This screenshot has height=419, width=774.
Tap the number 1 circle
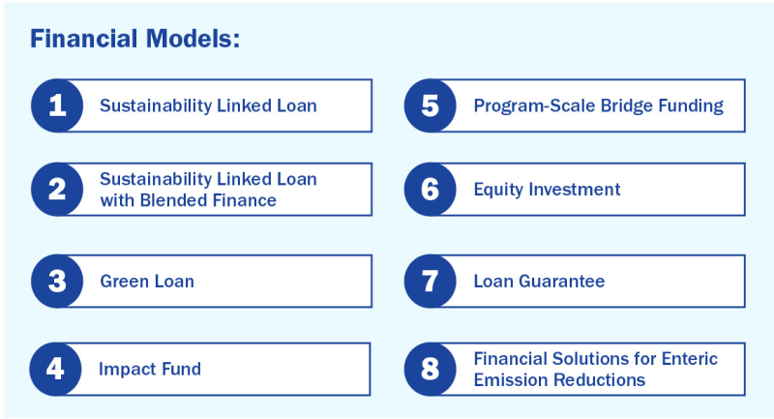point(57,105)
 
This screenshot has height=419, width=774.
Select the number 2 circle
point(57,190)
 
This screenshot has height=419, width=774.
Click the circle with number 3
point(57,282)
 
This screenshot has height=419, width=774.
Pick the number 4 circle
point(57,369)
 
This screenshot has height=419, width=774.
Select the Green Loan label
point(147,282)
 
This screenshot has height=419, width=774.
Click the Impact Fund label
point(149,369)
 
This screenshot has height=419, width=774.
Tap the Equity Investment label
point(547,190)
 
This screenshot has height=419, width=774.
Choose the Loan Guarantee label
point(539,282)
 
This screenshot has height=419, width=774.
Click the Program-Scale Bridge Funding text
point(598,105)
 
